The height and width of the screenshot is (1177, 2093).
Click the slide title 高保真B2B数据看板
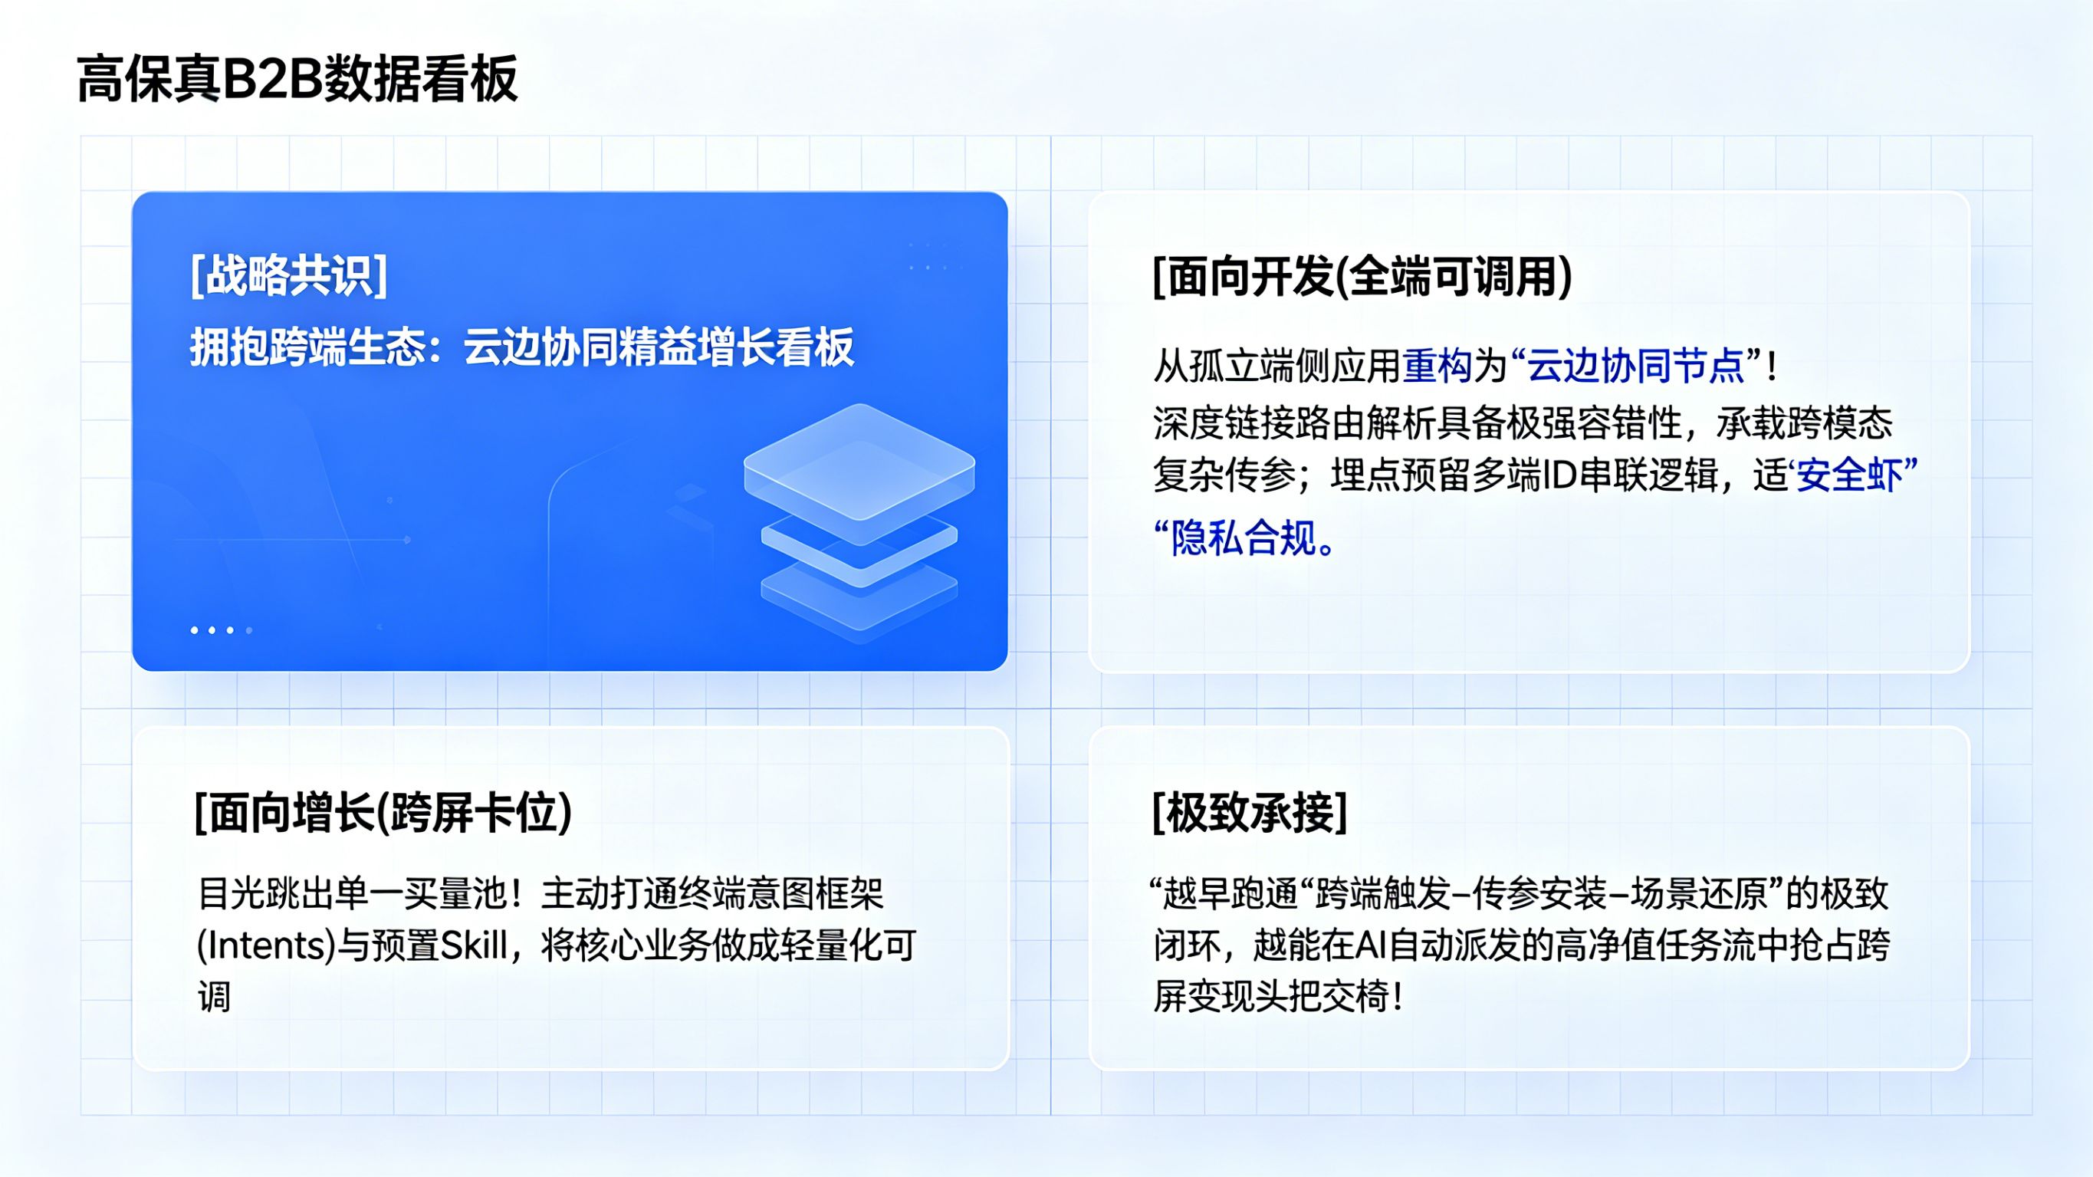[297, 80]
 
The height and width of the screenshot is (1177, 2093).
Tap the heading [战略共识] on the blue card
[288, 275]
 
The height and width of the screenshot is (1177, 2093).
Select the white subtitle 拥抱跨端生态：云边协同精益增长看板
[521, 347]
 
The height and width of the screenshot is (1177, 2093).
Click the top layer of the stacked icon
[859, 460]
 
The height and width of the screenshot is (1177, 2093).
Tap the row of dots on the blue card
[221, 630]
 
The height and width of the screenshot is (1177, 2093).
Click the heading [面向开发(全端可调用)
[1362, 276]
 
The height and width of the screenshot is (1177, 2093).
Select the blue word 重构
[1437, 366]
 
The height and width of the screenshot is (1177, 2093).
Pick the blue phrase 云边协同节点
[1635, 366]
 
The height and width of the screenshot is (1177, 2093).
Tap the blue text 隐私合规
[1243, 538]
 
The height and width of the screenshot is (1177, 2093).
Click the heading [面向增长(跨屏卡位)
[383, 812]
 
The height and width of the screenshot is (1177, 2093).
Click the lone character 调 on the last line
[215, 998]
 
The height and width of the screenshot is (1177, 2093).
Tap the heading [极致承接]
[1250, 812]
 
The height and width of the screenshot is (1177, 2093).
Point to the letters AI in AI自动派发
[1371, 945]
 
